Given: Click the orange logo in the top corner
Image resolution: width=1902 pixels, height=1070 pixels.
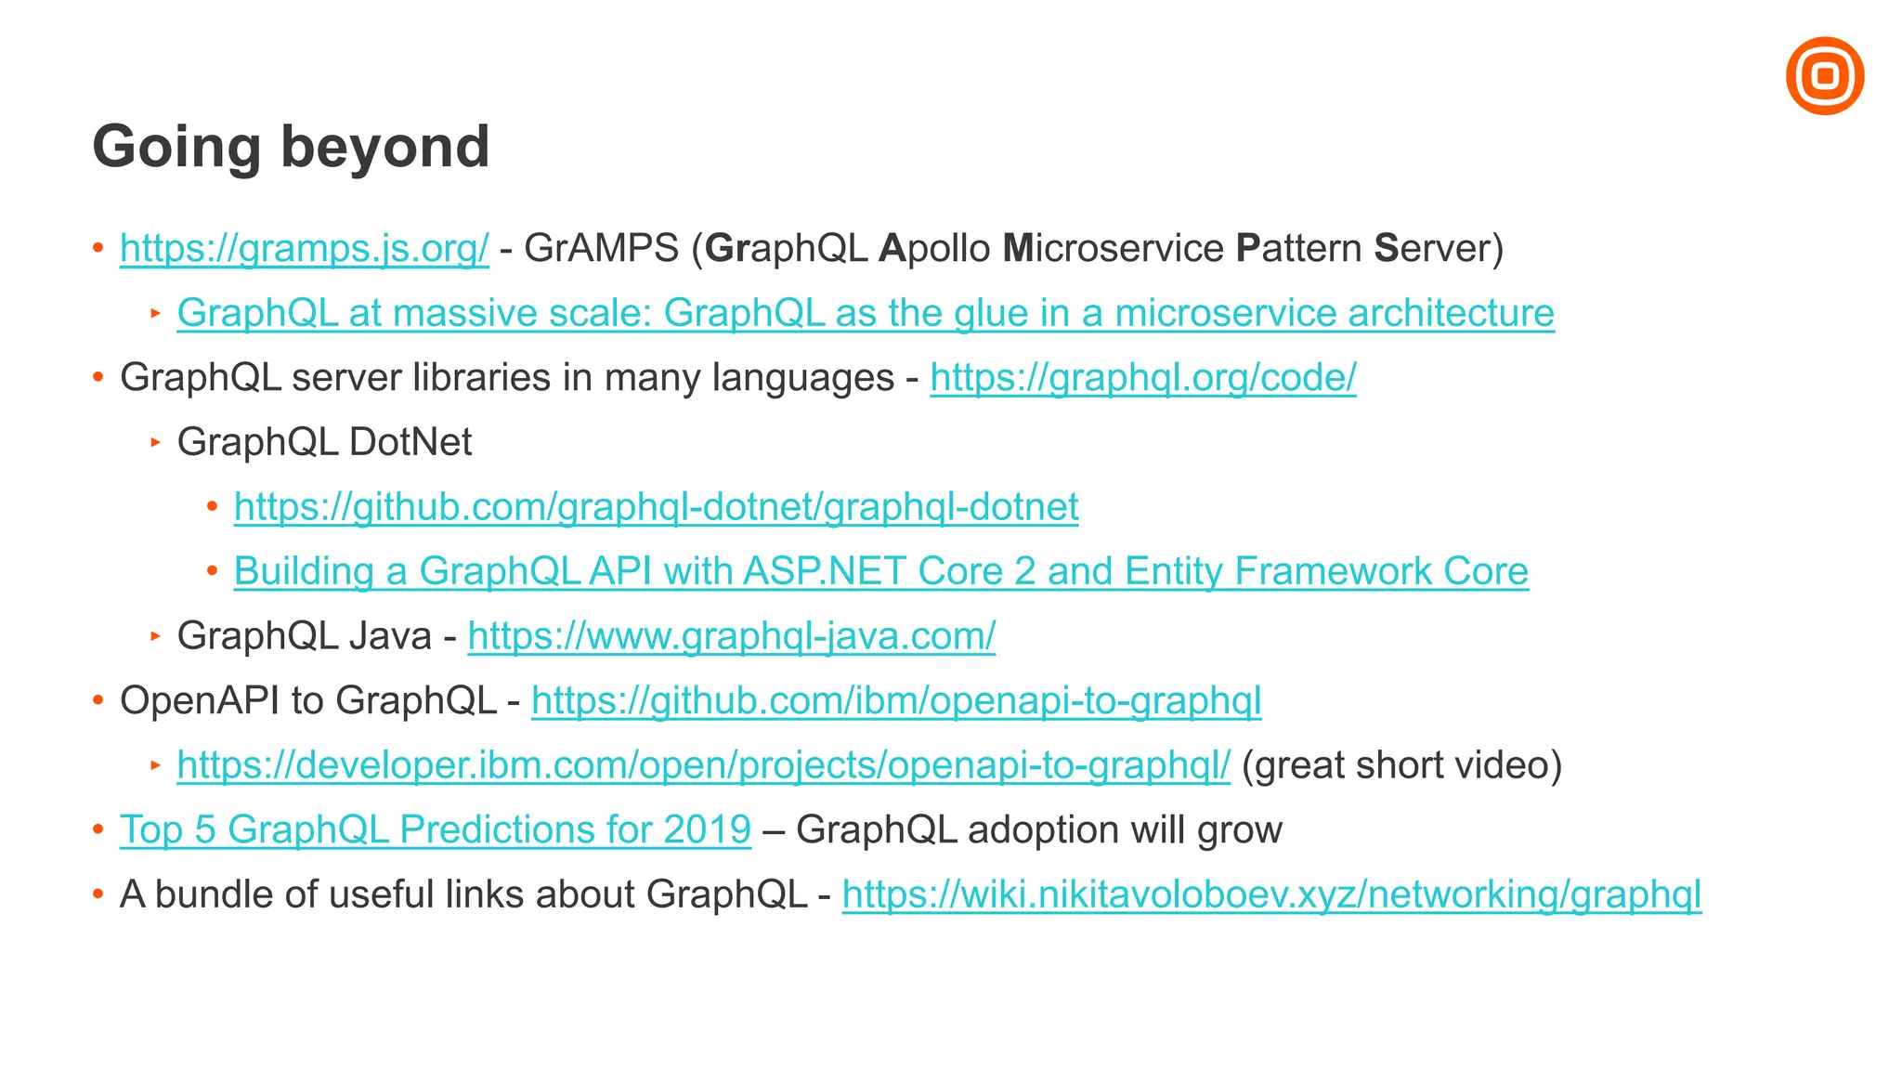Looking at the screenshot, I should pos(1824,76).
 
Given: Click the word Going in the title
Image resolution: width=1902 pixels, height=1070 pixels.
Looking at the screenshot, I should pos(176,148).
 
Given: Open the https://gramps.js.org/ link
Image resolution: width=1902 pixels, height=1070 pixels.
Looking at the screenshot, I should pos(304,249).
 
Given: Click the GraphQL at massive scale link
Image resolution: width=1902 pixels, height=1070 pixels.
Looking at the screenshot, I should pos(865,313).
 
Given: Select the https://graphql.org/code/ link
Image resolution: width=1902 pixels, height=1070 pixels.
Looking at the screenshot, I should pos(1142,378).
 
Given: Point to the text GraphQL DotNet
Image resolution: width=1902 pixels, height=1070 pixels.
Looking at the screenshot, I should pos(324,442).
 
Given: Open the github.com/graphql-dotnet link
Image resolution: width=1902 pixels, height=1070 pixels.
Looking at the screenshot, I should pos(656,507).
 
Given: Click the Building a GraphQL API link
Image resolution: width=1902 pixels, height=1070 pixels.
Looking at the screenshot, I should pos(880,571).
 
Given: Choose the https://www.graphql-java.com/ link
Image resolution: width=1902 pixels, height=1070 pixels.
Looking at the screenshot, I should pos(731,636).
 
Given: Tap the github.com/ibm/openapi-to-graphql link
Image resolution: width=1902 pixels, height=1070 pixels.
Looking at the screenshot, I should pos(896,700).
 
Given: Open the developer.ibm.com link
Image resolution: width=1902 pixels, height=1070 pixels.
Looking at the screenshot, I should pos(703,765).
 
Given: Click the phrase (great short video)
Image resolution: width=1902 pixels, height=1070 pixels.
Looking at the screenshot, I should pos(1401,765).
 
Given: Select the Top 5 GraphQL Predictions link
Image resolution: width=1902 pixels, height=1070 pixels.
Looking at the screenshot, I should pos(435,829).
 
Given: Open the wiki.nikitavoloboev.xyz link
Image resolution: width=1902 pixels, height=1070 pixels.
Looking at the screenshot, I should pos(1271,894).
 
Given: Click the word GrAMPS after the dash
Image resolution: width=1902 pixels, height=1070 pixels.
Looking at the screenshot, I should pos(602,249).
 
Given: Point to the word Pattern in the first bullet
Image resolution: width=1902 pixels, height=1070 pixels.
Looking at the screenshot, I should pos(1299,249).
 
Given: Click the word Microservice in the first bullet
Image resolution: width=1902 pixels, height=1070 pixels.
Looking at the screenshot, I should pos(1114,249).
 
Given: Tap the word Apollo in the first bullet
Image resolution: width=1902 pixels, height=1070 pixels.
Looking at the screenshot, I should pos(935,249).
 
